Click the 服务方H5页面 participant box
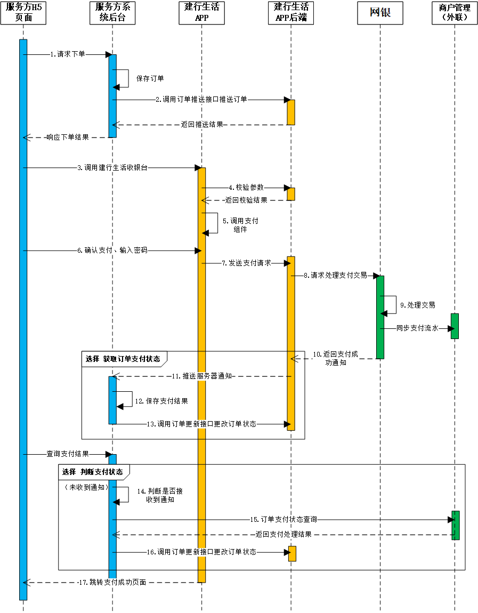pyautogui.click(x=23, y=13)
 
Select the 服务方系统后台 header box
pyautogui.click(x=112, y=13)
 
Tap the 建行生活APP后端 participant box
pyautogui.click(x=291, y=13)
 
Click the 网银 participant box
pyautogui.click(x=380, y=13)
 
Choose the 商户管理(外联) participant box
pyautogui.click(x=455, y=13)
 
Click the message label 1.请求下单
pyautogui.click(x=68, y=54)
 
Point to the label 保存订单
pyautogui.click(x=150, y=78)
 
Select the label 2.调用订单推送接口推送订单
pyautogui.click(x=201, y=99)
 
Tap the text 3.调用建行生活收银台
pyautogui.click(x=112, y=167)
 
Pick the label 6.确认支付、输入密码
pyautogui.click(x=112, y=250)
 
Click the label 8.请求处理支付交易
pyautogui.click(x=335, y=276)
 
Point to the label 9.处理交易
pyautogui.click(x=418, y=305)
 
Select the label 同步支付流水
pyautogui.click(x=417, y=328)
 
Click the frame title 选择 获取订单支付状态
pyautogui.click(x=123, y=359)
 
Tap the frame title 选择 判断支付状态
pyautogui.click(x=93, y=472)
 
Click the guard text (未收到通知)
pyautogui.click(x=86, y=487)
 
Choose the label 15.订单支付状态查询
pyautogui.click(x=283, y=519)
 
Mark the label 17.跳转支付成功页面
pyautogui.click(x=111, y=582)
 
